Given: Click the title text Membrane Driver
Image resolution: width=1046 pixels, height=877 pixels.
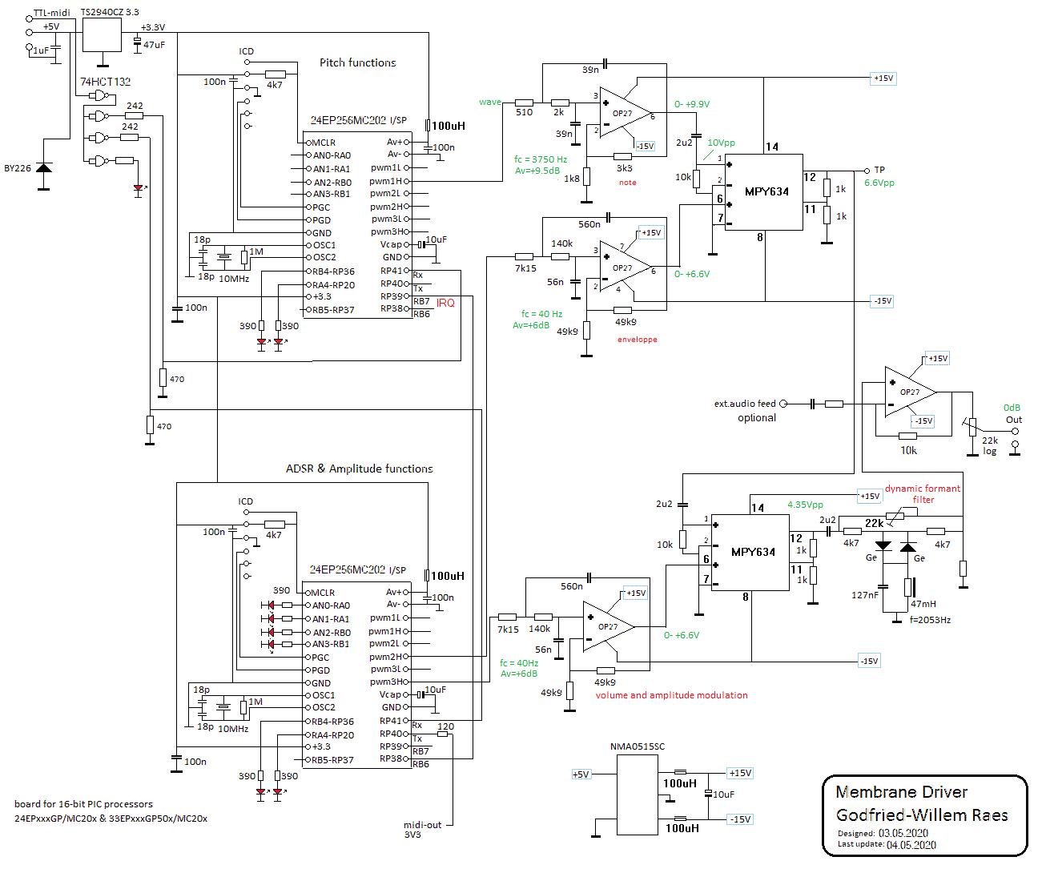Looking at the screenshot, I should [x=901, y=792].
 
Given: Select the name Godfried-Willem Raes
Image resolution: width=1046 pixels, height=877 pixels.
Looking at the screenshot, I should [x=922, y=815].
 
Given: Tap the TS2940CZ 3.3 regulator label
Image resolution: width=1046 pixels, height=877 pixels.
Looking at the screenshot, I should [x=110, y=12].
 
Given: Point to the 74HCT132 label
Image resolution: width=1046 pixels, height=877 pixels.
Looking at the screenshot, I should [x=105, y=82].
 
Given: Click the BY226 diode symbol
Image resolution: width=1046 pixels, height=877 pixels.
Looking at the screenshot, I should [x=44, y=167].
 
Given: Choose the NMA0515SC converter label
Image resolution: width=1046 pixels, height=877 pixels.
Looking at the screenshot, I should [x=637, y=746].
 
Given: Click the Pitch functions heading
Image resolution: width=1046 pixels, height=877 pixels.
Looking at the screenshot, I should [x=357, y=62].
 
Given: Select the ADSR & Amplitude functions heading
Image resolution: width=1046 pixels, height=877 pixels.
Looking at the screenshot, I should [x=359, y=469].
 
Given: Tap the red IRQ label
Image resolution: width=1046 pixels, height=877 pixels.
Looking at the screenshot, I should [x=445, y=303].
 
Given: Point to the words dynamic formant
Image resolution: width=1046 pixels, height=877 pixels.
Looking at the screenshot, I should [x=922, y=489].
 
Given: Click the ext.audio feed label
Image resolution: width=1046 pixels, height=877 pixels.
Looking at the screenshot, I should [x=745, y=404].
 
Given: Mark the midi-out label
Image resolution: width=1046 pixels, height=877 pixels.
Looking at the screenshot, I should [x=422, y=825].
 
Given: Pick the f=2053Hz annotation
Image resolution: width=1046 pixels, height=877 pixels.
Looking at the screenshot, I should [x=930, y=620].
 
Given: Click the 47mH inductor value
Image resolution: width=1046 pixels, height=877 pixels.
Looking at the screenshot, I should [x=923, y=604].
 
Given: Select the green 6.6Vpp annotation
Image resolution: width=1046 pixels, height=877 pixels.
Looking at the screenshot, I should [x=879, y=183].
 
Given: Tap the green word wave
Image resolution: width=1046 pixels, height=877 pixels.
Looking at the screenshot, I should [x=489, y=102].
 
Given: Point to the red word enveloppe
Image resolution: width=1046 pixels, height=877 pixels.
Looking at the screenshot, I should [x=637, y=340].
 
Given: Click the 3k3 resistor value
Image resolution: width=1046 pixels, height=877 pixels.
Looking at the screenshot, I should [x=624, y=168].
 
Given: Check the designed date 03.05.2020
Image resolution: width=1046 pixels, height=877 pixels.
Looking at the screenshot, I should [x=903, y=833].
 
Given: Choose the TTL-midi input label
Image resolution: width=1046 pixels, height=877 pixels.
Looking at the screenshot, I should [x=51, y=13].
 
